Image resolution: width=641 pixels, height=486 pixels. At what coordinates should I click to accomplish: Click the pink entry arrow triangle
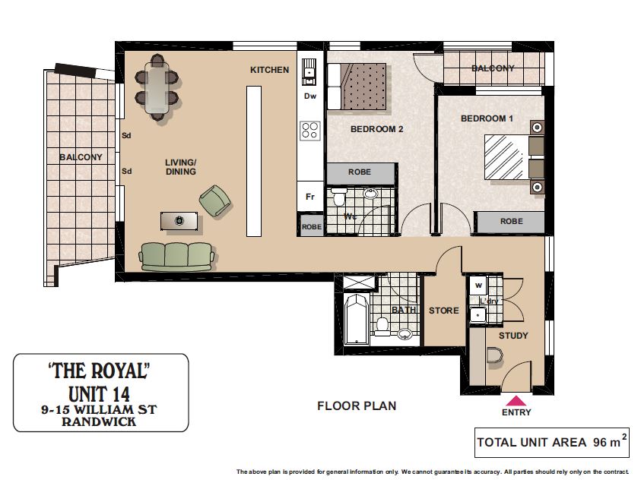[x=516, y=400]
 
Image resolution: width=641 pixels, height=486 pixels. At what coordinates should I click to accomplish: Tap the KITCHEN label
[x=269, y=70]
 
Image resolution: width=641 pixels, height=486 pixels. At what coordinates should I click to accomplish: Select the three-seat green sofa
[x=176, y=257]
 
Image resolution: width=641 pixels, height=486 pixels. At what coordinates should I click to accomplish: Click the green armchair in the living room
[x=214, y=200]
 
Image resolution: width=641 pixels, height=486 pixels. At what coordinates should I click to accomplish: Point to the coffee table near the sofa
[x=179, y=221]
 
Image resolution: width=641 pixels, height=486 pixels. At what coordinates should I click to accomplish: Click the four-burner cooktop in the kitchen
[x=310, y=131]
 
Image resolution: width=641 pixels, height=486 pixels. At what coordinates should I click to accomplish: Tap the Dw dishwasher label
[x=310, y=96]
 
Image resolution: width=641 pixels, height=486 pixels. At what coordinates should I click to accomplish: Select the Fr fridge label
[x=310, y=197]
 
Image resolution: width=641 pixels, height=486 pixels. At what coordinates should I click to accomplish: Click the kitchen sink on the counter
[x=309, y=72]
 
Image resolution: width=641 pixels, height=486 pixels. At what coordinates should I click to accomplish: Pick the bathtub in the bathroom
[x=357, y=320]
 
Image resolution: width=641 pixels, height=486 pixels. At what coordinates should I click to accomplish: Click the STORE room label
[x=443, y=311]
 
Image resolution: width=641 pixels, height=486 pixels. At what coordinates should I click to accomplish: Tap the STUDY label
[x=513, y=336]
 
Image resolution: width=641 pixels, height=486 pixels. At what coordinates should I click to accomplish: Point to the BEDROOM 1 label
[x=487, y=118]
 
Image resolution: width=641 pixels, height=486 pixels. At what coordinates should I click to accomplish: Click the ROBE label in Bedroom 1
[x=512, y=221]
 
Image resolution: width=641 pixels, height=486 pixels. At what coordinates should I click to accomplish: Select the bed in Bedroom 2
[x=357, y=86]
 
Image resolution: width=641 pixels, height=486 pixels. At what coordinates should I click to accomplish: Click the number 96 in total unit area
[x=600, y=442]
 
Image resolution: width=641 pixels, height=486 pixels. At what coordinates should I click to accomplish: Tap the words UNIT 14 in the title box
[x=99, y=394]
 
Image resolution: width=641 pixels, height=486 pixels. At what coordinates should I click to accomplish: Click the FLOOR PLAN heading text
[x=357, y=406]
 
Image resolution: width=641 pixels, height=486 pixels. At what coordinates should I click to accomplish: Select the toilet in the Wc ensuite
[x=338, y=197]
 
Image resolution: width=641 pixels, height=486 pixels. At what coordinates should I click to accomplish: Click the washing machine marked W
[x=478, y=286]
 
